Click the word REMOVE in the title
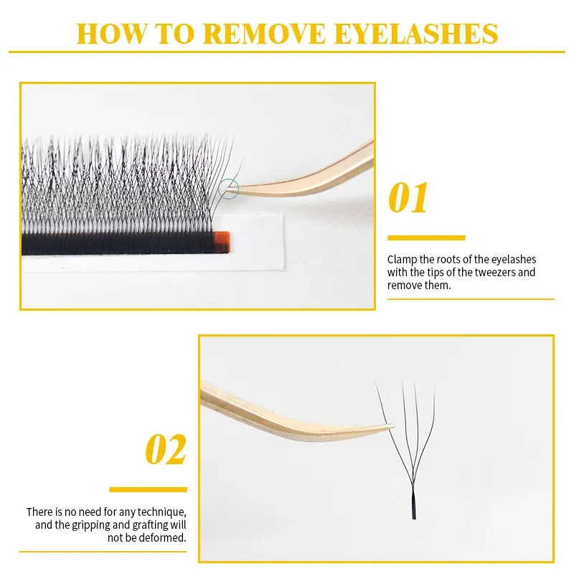click(x=257, y=34)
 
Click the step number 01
click(x=408, y=199)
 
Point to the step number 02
click(x=166, y=450)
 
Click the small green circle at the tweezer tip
click(x=229, y=189)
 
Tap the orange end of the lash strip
click(x=221, y=242)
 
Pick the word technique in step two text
click(x=163, y=512)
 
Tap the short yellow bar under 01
click(x=426, y=237)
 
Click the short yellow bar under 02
click(x=148, y=489)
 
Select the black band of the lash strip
click(x=115, y=245)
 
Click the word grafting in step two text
click(x=143, y=525)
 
